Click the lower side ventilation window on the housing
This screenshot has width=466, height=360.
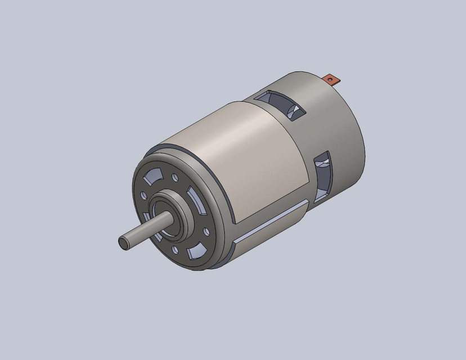tap(321, 174)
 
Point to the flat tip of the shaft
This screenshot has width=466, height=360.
tap(123, 242)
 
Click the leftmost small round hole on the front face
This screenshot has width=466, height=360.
tap(144, 196)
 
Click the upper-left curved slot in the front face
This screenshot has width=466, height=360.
tap(152, 179)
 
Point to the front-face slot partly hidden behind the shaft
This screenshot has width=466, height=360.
tap(147, 219)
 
